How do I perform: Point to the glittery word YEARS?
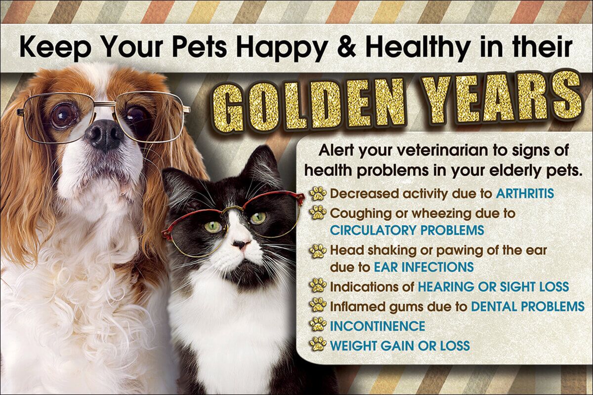click(x=500, y=98)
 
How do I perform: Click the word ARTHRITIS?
click(x=525, y=194)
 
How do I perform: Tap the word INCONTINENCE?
click(x=378, y=326)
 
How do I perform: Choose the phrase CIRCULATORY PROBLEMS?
click(x=407, y=230)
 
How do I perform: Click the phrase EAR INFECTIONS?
click(x=424, y=267)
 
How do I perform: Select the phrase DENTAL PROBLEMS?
click(x=528, y=306)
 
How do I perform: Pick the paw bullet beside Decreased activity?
click(x=318, y=193)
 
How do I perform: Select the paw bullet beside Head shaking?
click(x=318, y=251)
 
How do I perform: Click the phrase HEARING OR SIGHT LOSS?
click(x=493, y=287)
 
